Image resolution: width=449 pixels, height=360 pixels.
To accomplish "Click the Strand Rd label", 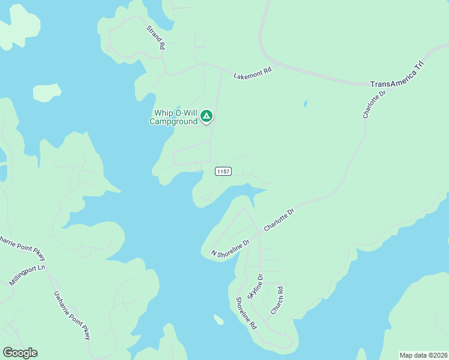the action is pos(155,37).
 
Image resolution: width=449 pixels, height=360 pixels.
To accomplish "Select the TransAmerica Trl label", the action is pos(397,75).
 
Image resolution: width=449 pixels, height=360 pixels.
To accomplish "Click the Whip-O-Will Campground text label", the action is pos(175,117).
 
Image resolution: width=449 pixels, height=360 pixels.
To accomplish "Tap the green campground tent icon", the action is pos(206,116).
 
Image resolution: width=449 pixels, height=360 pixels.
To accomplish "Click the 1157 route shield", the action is pos(223,172).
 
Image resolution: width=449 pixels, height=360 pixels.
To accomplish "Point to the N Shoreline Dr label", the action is pos(230,248).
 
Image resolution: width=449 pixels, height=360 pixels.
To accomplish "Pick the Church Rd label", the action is pos(277,300).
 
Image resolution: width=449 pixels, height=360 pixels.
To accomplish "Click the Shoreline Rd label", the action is pos(246,313).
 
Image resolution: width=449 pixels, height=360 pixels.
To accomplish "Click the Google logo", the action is pos(20,353).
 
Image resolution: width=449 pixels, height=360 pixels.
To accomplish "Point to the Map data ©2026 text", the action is pos(423,355).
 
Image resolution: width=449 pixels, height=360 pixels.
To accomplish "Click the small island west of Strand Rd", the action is pos(47,92).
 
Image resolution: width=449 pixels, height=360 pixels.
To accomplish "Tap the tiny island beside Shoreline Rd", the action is pos(218,320).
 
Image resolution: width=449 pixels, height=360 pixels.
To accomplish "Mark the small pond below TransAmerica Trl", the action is pos(306,104).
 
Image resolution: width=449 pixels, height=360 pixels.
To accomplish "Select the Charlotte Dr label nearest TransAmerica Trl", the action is pos(373,104).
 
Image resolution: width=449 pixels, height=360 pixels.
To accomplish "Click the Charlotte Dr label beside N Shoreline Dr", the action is pos(280,220).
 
